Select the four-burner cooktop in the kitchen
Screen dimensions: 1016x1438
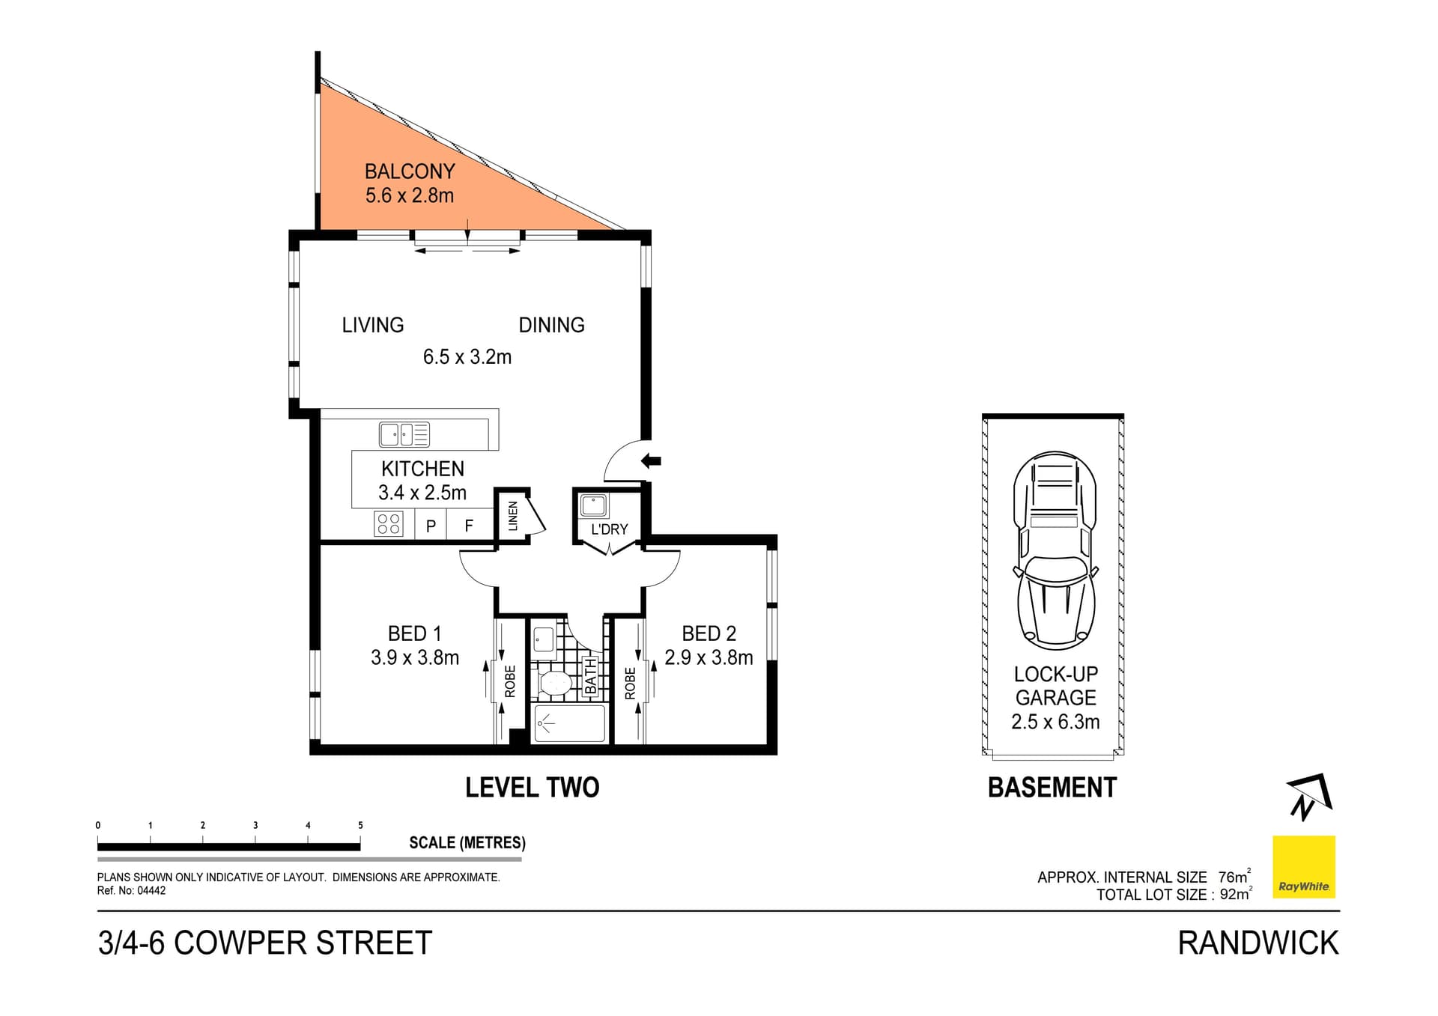point(389,523)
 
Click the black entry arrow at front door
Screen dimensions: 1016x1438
point(651,461)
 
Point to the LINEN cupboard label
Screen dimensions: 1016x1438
point(513,516)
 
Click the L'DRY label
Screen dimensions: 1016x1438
point(609,529)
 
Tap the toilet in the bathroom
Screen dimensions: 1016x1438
point(555,684)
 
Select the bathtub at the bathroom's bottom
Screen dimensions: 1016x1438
point(570,724)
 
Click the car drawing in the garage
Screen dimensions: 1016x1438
point(1055,550)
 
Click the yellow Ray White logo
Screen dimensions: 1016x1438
point(1304,866)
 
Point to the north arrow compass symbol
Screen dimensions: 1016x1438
point(1308,797)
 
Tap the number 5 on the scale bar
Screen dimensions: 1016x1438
point(360,825)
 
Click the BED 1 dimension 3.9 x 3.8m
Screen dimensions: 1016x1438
point(415,657)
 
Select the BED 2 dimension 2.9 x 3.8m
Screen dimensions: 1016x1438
point(709,657)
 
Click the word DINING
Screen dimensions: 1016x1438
point(551,325)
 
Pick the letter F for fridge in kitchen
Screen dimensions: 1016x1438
point(469,526)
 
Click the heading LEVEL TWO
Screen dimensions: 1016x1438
point(532,788)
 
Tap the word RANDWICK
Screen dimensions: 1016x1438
point(1258,943)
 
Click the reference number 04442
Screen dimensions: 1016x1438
point(152,891)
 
